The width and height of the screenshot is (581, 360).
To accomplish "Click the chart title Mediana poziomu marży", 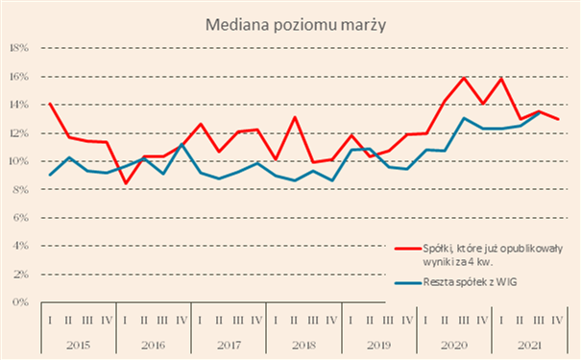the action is (x=296, y=26).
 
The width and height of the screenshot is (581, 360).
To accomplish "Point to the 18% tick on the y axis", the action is (x=18, y=48).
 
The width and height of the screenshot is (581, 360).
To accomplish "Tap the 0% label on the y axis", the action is (x=20, y=302).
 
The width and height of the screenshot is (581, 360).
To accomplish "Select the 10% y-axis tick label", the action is (x=18, y=161).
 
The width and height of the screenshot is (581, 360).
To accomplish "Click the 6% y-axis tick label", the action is (x=20, y=218).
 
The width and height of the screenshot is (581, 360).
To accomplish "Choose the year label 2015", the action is (x=78, y=346).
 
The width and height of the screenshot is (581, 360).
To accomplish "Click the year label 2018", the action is (x=303, y=346).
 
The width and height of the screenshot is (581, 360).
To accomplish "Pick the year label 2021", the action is (x=529, y=346).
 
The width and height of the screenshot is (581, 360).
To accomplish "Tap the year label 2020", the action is (x=454, y=346).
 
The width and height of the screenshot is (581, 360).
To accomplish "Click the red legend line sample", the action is (x=408, y=249).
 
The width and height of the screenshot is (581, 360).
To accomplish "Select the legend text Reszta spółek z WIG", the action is (x=470, y=282).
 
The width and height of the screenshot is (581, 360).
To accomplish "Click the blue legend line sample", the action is (x=408, y=283).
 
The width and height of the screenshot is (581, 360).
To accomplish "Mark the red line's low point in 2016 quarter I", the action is (x=126, y=183).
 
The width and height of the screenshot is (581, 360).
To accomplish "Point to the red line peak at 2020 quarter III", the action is (x=464, y=78).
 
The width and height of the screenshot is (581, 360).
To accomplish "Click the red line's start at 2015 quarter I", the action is (x=50, y=104).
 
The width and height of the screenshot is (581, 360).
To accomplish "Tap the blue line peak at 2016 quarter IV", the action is (x=182, y=144).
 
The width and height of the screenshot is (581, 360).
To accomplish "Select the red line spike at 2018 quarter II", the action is (x=295, y=117).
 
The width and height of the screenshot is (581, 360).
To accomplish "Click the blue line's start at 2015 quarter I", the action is (x=50, y=175).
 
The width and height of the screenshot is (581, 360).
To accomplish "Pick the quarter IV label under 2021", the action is (x=557, y=320).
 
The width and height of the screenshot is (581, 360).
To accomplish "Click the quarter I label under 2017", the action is (x=200, y=320).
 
